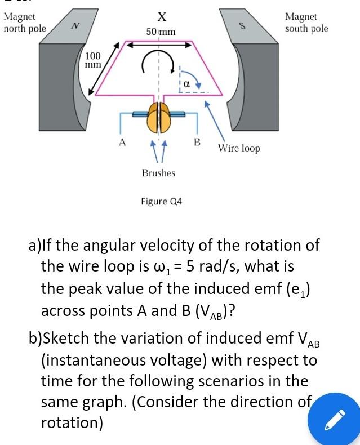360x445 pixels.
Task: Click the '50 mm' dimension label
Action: [x=161, y=32]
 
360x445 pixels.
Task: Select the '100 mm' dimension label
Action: [x=93, y=60]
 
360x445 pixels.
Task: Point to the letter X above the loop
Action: [x=160, y=16]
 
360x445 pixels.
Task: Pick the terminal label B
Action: [x=197, y=141]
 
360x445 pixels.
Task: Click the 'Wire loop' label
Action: [x=239, y=149]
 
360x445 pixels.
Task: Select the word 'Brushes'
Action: [x=158, y=173]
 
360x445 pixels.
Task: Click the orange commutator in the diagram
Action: [x=159, y=116]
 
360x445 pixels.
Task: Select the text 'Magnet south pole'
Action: [x=306, y=23]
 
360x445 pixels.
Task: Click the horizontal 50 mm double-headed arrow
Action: [x=160, y=46]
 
